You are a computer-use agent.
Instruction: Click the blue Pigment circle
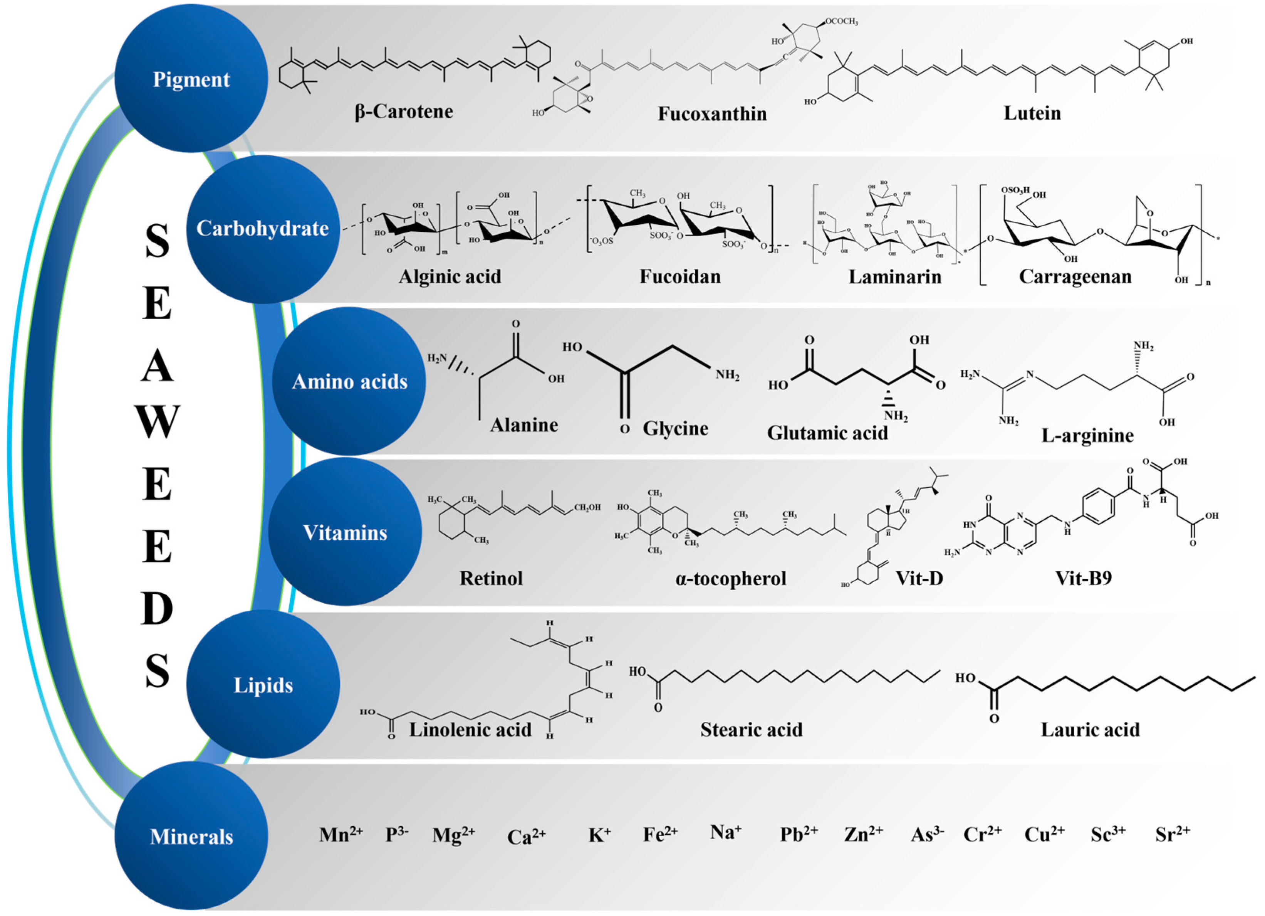pyautogui.click(x=191, y=79)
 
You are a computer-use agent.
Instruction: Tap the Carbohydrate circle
pyautogui.click(x=263, y=229)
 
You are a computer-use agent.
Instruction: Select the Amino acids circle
pyautogui.click(x=349, y=381)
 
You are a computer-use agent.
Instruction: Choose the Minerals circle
pyautogui.click(x=191, y=836)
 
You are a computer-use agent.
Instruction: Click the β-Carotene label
pyautogui.click(x=404, y=112)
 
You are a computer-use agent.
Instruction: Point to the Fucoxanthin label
pyautogui.click(x=712, y=114)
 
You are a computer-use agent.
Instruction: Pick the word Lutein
pyautogui.click(x=1032, y=113)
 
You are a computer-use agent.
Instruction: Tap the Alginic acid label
pyautogui.click(x=450, y=277)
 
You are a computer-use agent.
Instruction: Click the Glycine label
pyautogui.click(x=675, y=428)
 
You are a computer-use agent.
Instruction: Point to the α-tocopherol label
pyautogui.click(x=731, y=579)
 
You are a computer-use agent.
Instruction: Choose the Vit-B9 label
pyautogui.click(x=1083, y=578)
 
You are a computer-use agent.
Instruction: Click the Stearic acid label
pyautogui.click(x=751, y=729)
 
